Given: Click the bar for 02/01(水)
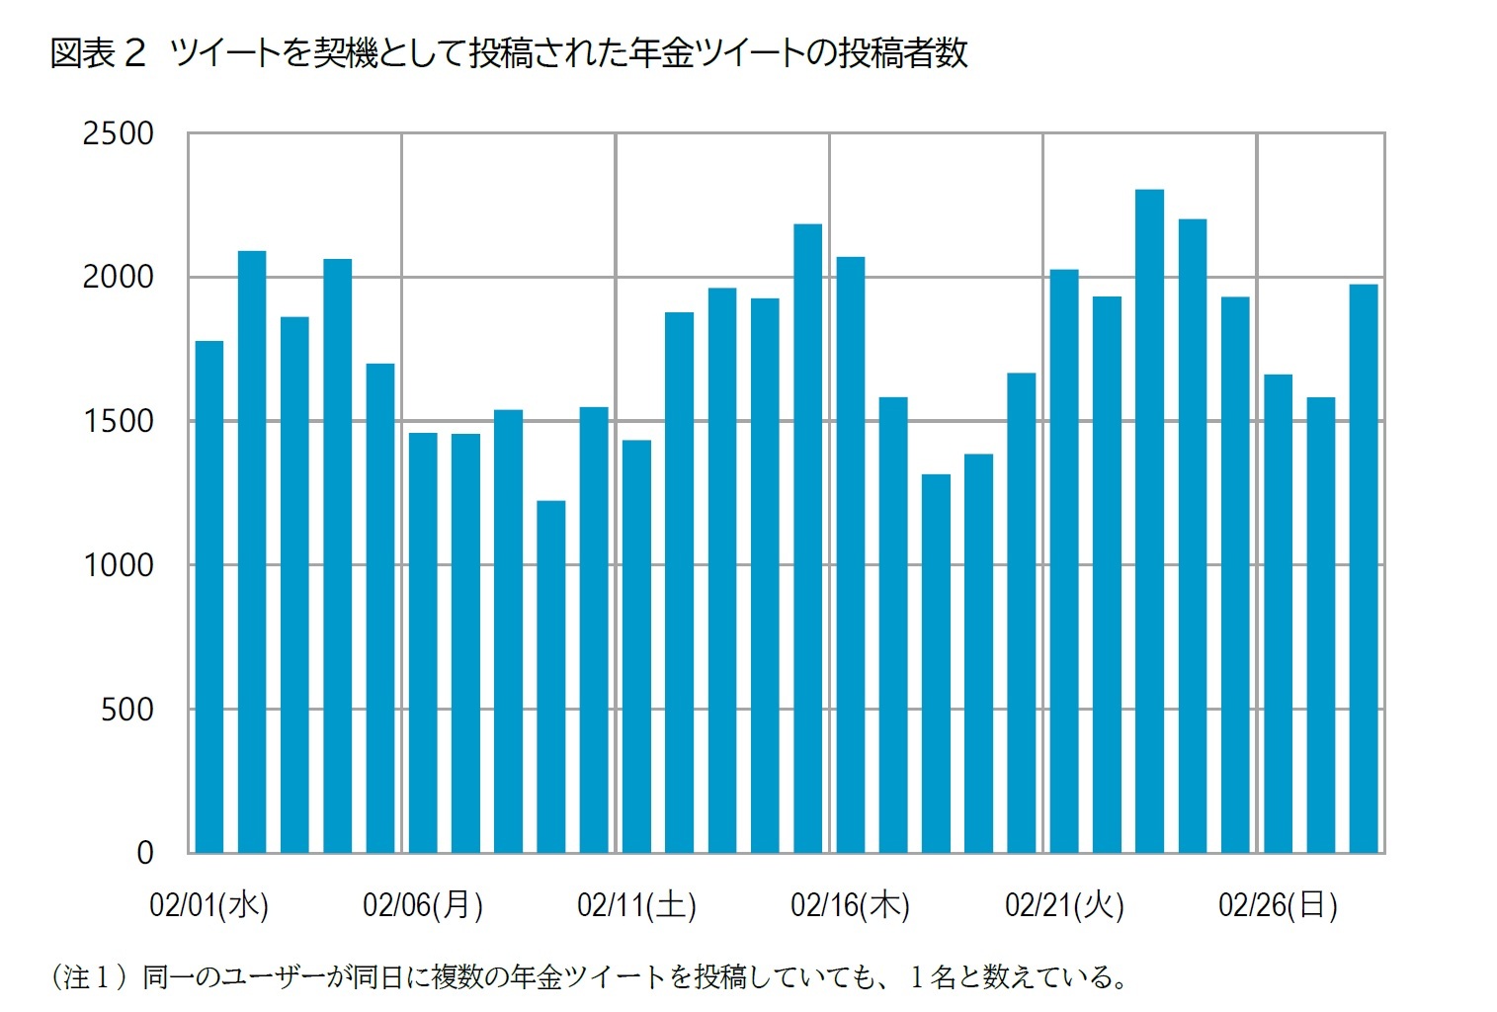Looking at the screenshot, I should [209, 597].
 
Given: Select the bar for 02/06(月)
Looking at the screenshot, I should [423, 642].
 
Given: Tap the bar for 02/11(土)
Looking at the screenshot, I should [636, 646].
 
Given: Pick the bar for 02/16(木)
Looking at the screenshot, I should [851, 554].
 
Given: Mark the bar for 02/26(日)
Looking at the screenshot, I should [1278, 613].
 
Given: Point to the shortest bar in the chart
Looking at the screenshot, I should [551, 677].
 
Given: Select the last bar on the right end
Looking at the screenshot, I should [1364, 568].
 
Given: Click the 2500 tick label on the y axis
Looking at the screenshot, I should [118, 133].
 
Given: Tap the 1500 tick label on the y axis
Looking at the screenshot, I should [118, 421].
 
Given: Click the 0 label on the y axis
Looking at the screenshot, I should [144, 853].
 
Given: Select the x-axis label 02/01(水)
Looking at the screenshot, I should [209, 904].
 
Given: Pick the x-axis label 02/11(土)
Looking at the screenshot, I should [636, 904].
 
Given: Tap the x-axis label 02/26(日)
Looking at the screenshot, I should [1278, 904].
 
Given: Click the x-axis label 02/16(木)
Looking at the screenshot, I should [851, 904].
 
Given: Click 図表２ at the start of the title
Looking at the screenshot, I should [98, 53].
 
